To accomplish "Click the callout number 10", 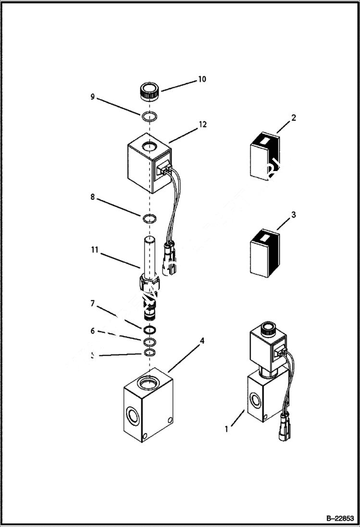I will (x=202, y=79).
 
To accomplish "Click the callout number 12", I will (x=202, y=125).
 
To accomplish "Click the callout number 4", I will (x=202, y=341).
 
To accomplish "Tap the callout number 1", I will (x=226, y=429).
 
